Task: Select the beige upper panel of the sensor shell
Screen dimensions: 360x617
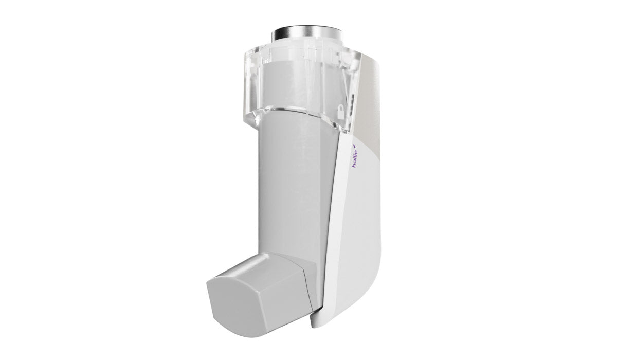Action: (373, 103)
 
